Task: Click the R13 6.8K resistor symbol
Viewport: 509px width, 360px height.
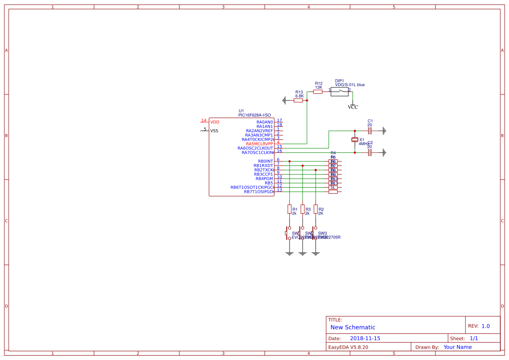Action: (x=298, y=100)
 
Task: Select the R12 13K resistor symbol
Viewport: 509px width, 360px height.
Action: (x=318, y=92)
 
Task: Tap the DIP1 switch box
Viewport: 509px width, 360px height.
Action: (x=340, y=91)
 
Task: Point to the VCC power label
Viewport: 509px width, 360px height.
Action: (x=353, y=107)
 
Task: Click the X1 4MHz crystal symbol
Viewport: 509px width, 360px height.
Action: (x=355, y=140)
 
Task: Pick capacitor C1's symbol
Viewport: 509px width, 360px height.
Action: (x=370, y=131)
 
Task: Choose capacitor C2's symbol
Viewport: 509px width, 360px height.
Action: (x=370, y=152)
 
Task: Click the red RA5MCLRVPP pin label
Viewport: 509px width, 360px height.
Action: (x=259, y=144)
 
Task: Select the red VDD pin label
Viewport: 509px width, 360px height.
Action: (x=215, y=122)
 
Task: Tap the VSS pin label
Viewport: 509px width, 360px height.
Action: (x=214, y=131)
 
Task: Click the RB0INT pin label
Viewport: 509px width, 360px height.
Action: (x=265, y=161)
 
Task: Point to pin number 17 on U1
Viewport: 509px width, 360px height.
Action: (x=280, y=121)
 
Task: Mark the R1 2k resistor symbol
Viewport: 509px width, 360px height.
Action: (x=290, y=209)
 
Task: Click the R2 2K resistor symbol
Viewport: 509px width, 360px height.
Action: (x=316, y=209)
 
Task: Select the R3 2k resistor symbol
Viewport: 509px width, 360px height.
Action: (x=303, y=209)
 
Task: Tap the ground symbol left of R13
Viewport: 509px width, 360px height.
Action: (x=284, y=100)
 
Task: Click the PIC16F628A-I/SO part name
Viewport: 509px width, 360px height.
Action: (x=254, y=115)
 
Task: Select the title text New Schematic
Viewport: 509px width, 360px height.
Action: (x=353, y=327)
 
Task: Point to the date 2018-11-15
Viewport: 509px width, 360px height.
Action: (x=365, y=338)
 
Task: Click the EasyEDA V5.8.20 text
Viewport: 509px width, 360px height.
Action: (x=348, y=347)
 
